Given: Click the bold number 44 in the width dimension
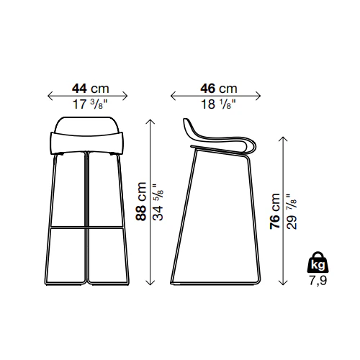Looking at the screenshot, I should [x=79, y=89].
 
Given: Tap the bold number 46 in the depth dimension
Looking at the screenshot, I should [x=207, y=89].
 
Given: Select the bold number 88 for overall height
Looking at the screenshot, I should [x=141, y=212].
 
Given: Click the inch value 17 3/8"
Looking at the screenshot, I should [x=87, y=104].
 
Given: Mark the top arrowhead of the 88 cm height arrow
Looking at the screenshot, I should [x=150, y=121].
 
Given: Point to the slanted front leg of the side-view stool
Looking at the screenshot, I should [x=184, y=216].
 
